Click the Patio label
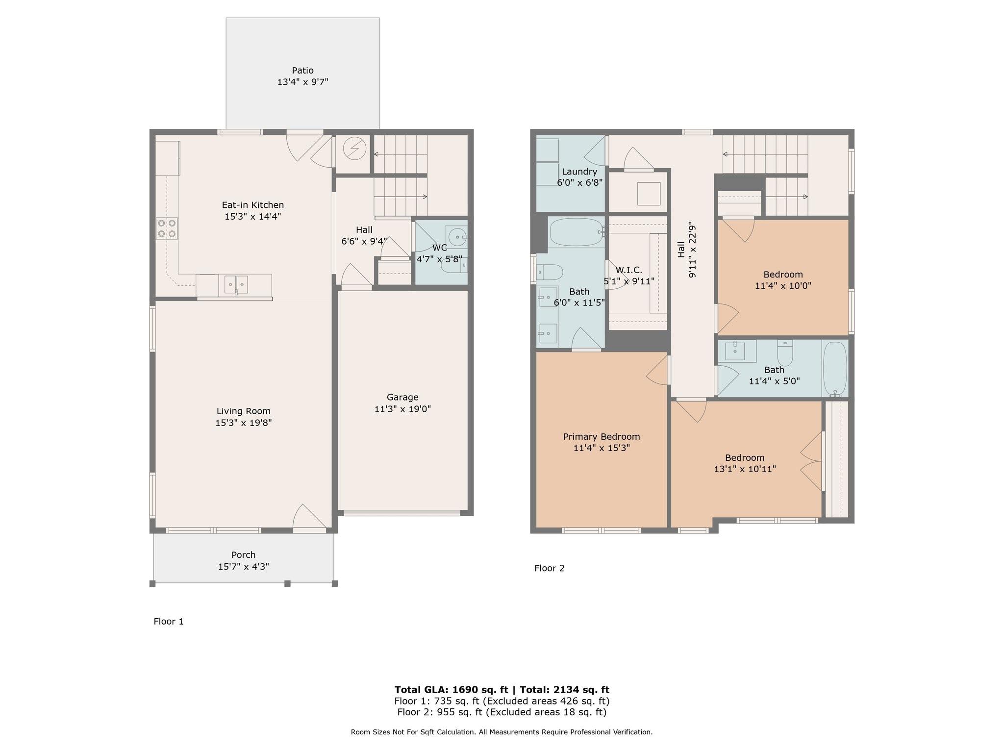302,71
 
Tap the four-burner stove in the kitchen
167,229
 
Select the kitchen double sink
236,284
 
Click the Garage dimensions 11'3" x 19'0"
402,409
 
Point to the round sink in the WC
457,237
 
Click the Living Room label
244,411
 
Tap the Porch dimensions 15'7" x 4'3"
244,567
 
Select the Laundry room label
579,172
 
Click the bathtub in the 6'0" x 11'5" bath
576,232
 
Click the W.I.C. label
629,270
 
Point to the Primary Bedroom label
602,437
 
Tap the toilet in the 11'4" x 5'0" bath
785,353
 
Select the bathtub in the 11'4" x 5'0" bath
835,369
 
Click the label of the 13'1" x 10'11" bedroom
745,458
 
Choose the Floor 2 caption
550,568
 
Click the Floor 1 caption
169,622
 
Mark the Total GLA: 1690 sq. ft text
451,690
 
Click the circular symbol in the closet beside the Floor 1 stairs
354,149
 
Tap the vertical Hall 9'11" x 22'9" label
686,250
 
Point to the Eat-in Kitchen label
253,205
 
